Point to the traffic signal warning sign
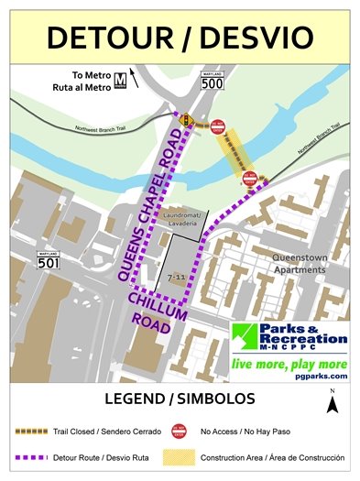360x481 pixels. click(187, 119)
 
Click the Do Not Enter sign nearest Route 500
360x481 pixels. click(218, 127)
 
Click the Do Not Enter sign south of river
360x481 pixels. click(249, 180)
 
